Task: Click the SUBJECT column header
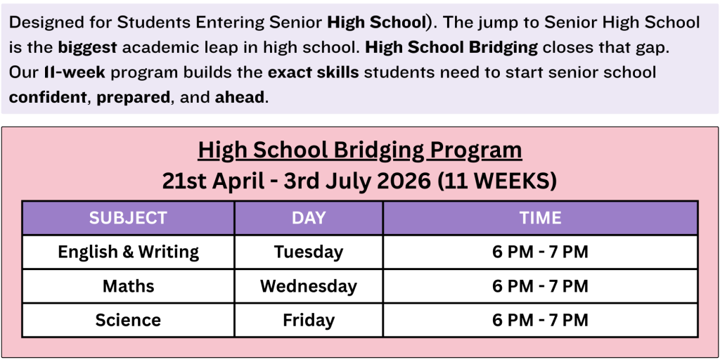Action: [128, 218]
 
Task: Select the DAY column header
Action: [309, 218]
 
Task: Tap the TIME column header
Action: [541, 218]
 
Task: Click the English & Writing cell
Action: [128, 252]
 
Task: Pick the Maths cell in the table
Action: [128, 286]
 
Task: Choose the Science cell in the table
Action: [128, 320]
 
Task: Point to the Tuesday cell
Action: [309, 252]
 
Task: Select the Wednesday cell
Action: [309, 286]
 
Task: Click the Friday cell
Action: [309, 320]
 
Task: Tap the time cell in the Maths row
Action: [541, 286]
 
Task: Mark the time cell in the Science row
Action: [541, 320]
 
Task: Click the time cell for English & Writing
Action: [541, 252]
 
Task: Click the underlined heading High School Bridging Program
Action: [360, 150]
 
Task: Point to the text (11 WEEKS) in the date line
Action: [497, 181]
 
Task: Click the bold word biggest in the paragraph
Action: [88, 48]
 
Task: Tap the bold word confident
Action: [49, 97]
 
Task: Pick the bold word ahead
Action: [240, 97]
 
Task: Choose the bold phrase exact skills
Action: [313, 72]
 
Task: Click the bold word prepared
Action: [133, 98]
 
